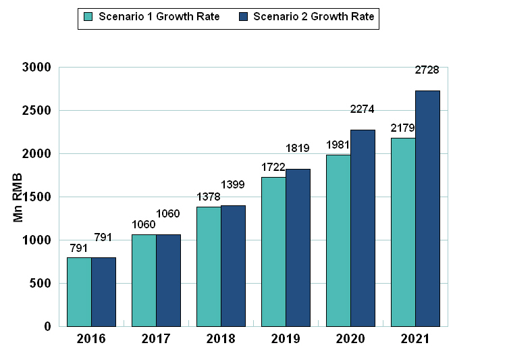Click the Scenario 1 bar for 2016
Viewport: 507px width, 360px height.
click(79, 292)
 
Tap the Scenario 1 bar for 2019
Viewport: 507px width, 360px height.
click(273, 252)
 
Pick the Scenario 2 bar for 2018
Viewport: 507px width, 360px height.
click(233, 265)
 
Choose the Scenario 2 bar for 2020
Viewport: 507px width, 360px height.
click(363, 228)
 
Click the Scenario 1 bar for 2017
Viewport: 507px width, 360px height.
click(144, 280)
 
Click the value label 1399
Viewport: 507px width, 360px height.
click(233, 184)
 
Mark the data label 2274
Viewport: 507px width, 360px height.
click(362, 109)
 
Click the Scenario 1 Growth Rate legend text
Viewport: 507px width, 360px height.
click(159, 17)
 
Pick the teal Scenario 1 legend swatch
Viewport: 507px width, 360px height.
click(87, 17)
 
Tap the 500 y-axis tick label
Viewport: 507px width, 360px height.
click(42, 284)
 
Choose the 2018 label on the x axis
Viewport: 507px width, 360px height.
click(221, 339)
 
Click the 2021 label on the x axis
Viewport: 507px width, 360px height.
click(415, 339)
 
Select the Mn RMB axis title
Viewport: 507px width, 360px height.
click(18, 197)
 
